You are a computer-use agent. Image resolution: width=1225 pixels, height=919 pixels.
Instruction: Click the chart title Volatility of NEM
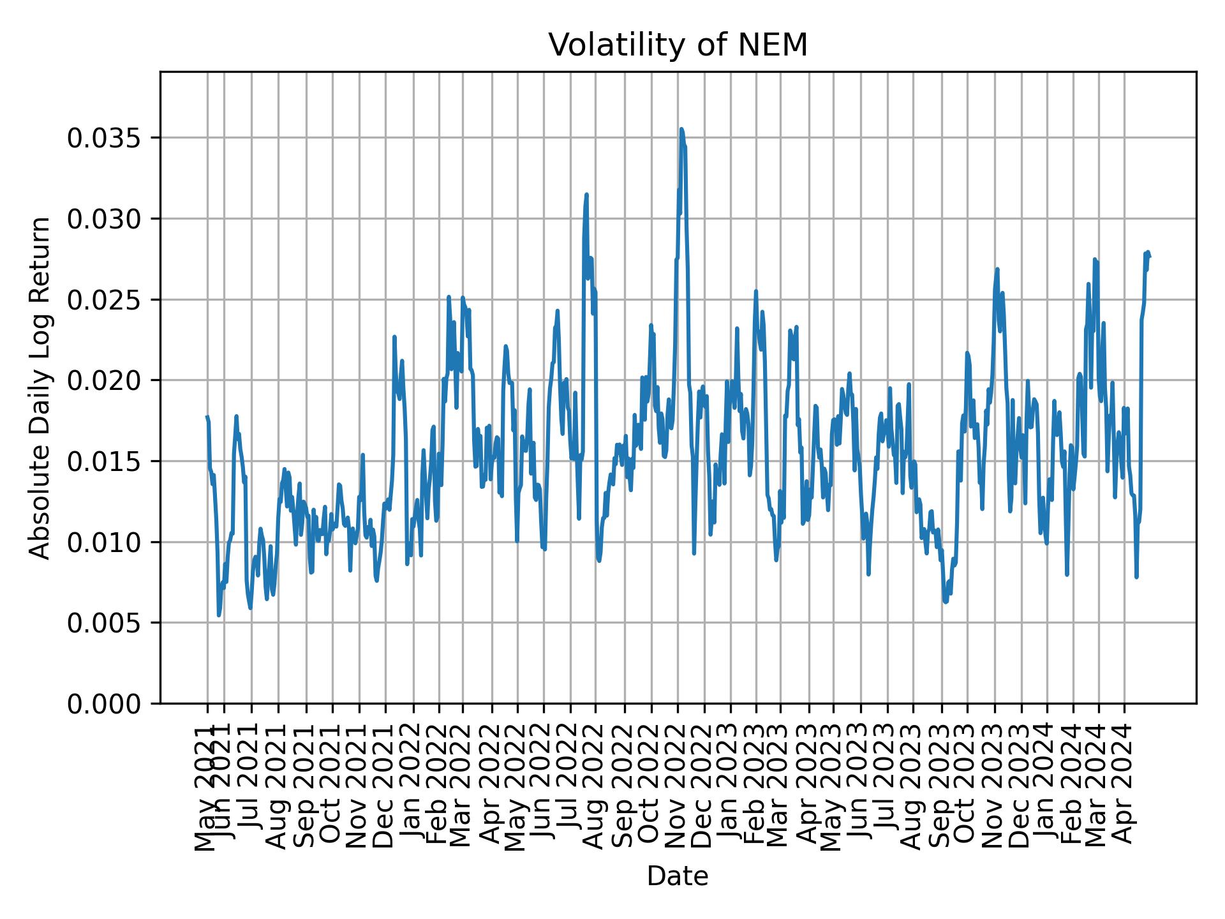point(678,45)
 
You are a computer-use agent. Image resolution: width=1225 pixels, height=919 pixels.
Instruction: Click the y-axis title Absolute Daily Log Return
point(41,387)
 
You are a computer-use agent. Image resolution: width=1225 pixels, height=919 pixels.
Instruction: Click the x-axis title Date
point(678,876)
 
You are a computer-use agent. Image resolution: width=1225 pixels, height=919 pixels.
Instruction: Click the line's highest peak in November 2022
point(681,129)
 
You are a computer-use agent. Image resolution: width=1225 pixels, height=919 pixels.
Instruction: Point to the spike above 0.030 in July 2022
point(586,195)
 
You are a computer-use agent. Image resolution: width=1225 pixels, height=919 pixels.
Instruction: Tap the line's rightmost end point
point(1150,257)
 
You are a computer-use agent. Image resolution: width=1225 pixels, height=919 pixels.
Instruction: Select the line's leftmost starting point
point(207,417)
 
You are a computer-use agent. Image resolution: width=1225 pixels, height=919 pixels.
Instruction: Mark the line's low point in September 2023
point(945,602)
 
